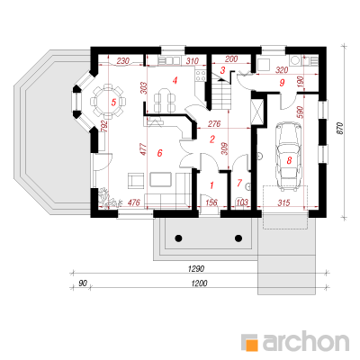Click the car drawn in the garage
click(288, 157)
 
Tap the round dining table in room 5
click(107, 102)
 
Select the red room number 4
click(175, 80)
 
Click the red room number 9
click(282, 83)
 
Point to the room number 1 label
click(211, 185)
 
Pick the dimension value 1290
click(196, 269)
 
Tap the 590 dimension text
click(301, 112)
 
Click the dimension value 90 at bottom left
click(83, 283)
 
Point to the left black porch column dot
click(178, 238)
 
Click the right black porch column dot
click(238, 238)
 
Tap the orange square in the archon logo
click(252, 345)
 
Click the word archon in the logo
click(306, 341)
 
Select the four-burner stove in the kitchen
click(200, 76)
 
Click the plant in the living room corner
click(109, 198)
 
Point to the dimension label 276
click(214, 123)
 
